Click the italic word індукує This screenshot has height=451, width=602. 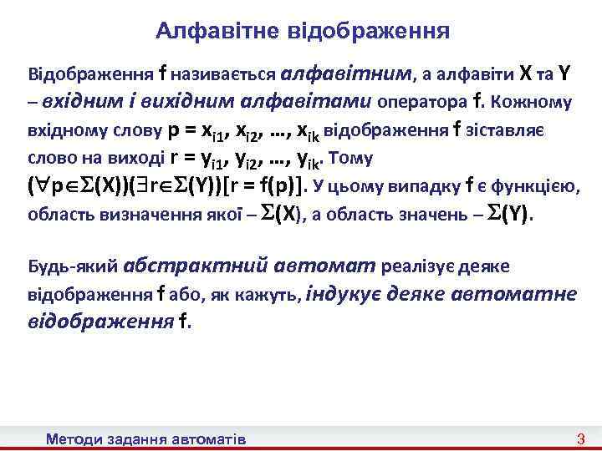coord(342,294)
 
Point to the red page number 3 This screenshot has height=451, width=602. coord(581,438)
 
